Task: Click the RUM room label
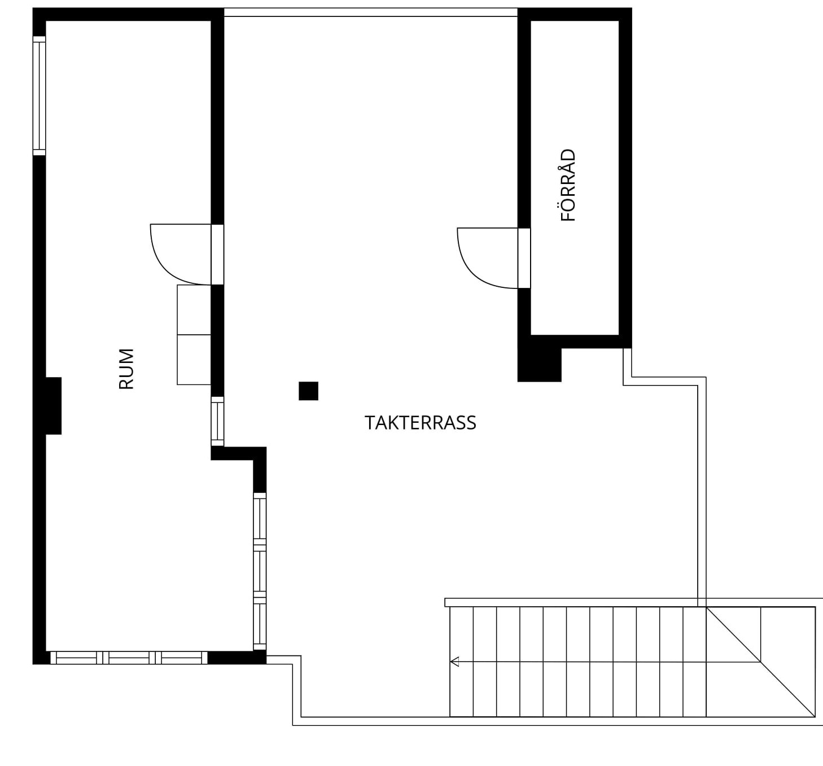[126, 369]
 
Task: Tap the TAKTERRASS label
[420, 423]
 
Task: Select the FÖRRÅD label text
[568, 185]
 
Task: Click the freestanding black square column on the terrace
[308, 391]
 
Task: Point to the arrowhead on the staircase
[454, 662]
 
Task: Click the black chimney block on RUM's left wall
[54, 406]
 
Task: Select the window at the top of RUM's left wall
[40, 96]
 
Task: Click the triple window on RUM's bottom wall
[129, 658]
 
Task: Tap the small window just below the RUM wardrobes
[217, 421]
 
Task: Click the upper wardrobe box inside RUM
[194, 310]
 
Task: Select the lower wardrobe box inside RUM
[194, 360]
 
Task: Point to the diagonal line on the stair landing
[761, 662]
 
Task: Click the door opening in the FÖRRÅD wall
[524, 258]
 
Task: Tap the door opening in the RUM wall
[217, 255]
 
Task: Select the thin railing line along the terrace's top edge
[371, 12]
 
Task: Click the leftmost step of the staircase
[462, 662]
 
